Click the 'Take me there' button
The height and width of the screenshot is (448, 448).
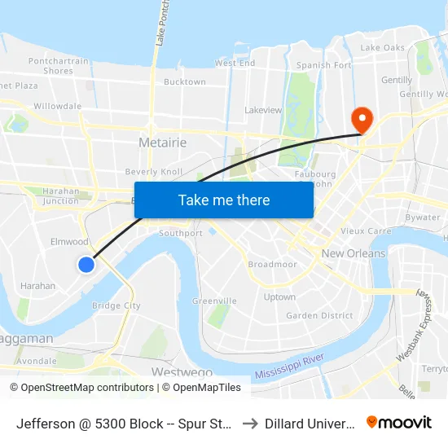(x=224, y=200)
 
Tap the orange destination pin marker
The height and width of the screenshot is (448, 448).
(x=361, y=120)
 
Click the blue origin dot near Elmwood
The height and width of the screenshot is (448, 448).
(x=86, y=264)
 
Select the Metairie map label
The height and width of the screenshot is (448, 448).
(x=163, y=143)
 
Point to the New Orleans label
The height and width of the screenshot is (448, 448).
(x=354, y=253)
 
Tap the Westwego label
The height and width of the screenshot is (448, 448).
(x=177, y=371)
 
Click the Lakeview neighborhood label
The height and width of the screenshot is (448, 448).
(x=263, y=110)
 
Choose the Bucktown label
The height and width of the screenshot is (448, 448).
(x=185, y=81)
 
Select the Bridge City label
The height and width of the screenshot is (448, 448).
(x=116, y=306)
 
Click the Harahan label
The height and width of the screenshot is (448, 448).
(x=37, y=286)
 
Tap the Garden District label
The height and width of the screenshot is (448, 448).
(x=319, y=315)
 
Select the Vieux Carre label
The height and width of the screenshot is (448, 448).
(x=348, y=231)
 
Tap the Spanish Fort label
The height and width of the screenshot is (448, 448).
(x=323, y=65)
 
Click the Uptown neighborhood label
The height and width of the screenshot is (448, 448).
(x=279, y=297)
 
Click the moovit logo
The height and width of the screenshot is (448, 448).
(x=399, y=422)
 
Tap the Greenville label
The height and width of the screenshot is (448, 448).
(x=213, y=301)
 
